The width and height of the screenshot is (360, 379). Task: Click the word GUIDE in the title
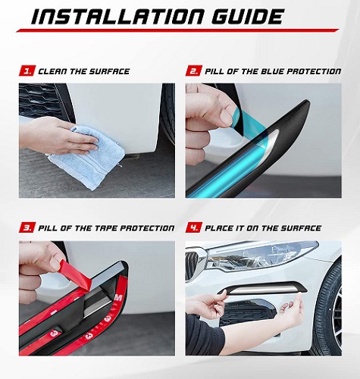247,17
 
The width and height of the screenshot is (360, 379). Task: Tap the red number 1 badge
27,71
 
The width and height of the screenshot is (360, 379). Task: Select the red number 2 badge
194,71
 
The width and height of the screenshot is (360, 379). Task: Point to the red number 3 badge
27,228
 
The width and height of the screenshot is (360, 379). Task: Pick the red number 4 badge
194,228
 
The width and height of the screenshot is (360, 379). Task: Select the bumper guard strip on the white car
263,288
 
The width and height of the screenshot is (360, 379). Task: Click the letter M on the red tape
118,299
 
